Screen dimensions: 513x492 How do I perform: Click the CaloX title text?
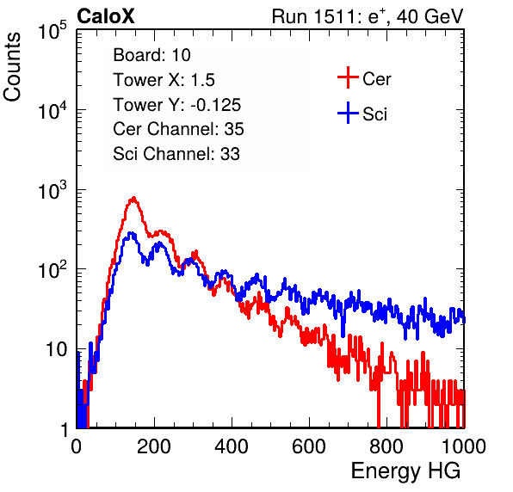click(106, 16)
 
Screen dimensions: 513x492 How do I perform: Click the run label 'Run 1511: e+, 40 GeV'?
click(368, 16)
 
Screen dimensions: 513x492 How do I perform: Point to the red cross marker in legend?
click(348, 77)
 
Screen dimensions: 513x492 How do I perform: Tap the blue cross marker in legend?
click(348, 113)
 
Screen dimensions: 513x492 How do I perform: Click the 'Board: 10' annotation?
click(151, 55)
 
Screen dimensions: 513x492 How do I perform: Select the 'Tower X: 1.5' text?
click(164, 80)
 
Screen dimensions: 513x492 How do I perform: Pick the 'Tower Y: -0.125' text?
click(177, 105)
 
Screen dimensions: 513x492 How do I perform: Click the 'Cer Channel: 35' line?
click(178, 129)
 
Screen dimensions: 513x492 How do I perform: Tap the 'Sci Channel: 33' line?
click(176, 154)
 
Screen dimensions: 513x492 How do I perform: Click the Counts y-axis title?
click(12, 67)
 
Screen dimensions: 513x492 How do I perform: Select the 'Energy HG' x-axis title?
click(405, 471)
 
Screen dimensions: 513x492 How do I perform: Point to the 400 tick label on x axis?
click(232, 446)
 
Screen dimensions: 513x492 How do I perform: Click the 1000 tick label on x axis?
click(463, 446)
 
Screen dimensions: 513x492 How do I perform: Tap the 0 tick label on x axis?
click(76, 446)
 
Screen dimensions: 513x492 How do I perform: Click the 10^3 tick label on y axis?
click(53, 190)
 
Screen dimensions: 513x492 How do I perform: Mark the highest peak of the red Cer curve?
click(133, 198)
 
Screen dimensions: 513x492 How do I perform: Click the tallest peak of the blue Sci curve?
click(131, 233)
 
